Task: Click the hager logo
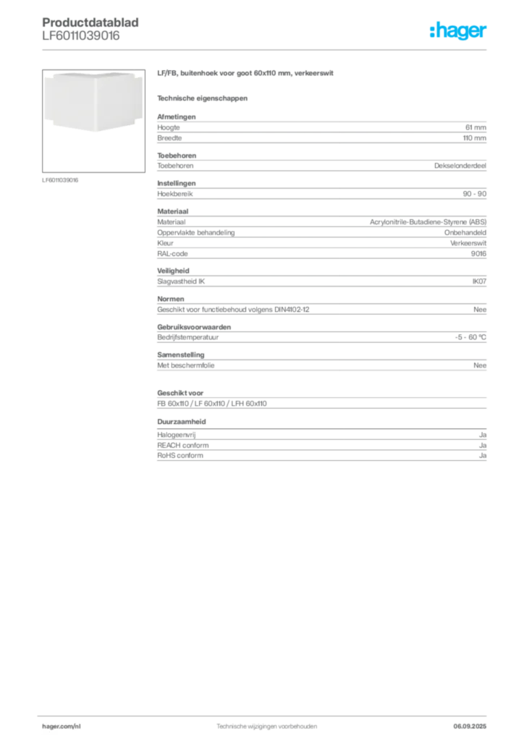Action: (457, 30)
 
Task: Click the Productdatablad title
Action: (90, 22)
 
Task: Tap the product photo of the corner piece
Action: (93, 121)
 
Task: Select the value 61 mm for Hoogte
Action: (476, 127)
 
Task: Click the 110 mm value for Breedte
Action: (474, 138)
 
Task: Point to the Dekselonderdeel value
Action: (460, 166)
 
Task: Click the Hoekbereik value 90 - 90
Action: (474, 194)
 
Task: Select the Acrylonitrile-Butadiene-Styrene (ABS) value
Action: (428, 222)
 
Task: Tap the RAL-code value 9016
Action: (478, 254)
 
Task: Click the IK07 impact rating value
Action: (479, 281)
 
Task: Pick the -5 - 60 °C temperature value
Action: (470, 337)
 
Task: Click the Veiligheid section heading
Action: (173, 271)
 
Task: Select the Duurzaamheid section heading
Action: (182, 422)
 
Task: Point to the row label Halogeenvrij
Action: (177, 435)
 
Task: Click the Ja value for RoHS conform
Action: (483, 456)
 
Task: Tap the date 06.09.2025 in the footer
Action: (470, 727)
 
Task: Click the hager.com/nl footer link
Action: (62, 727)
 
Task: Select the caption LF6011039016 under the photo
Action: (60, 180)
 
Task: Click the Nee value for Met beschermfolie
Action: (480, 365)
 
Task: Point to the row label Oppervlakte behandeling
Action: (195, 232)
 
